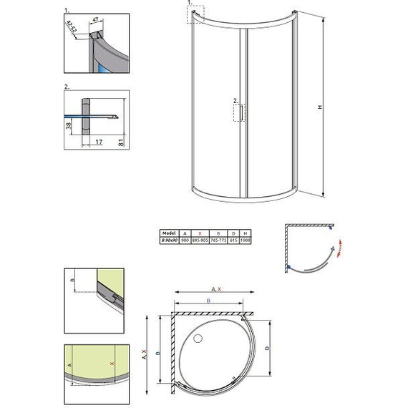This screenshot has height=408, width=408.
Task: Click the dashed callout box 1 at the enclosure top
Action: [x=194, y=14]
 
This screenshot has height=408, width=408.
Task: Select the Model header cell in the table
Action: [x=170, y=233]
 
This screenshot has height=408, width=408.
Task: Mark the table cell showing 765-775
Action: [x=220, y=241]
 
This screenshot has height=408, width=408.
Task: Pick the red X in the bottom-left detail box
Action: [x=112, y=364]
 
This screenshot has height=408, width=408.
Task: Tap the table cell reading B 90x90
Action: [x=170, y=241]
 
